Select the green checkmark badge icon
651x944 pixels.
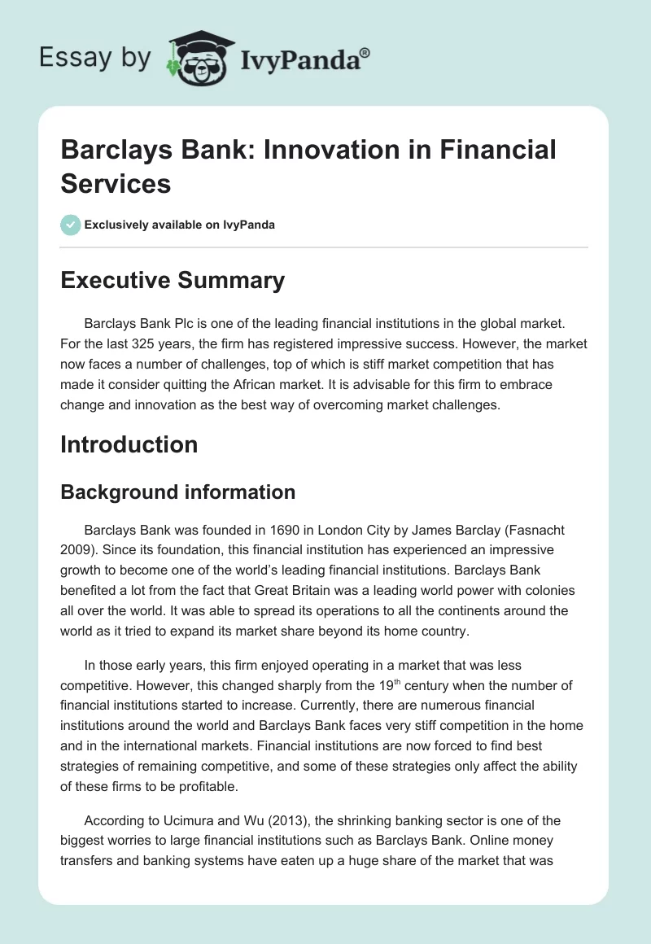[x=71, y=225]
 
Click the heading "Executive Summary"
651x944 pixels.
[x=173, y=280]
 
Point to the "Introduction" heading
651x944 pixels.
[x=129, y=444]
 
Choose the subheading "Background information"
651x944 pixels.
[x=177, y=492]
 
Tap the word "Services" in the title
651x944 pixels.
[x=116, y=183]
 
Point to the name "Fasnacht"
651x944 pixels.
[x=535, y=530]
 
